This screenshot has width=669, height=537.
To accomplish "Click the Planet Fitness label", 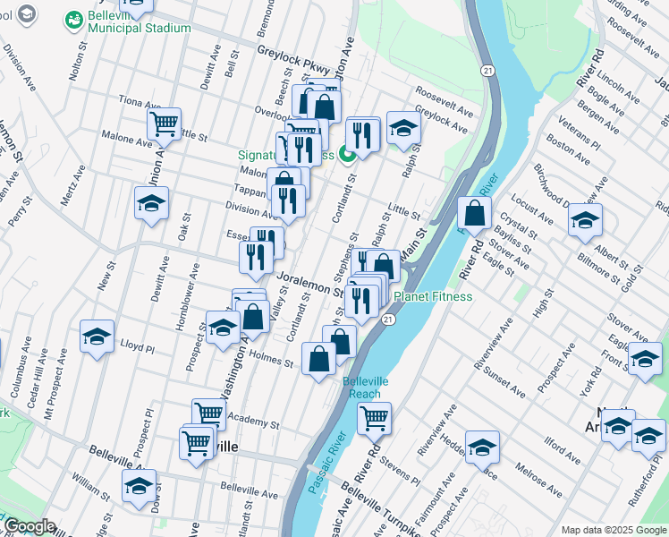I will [434, 296].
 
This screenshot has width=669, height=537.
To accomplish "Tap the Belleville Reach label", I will [366, 387].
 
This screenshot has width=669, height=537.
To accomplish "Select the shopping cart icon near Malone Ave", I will [165, 124].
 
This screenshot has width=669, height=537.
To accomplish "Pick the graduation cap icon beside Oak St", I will [151, 203].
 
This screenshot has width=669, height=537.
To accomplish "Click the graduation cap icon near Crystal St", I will [586, 220].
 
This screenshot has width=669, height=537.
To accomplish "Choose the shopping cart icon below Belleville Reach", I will [375, 417].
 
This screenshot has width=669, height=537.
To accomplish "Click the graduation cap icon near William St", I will [139, 486].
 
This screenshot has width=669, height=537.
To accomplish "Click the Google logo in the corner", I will [29, 526].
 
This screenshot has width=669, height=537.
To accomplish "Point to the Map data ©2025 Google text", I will [613, 530].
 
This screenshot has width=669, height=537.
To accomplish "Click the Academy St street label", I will [254, 417].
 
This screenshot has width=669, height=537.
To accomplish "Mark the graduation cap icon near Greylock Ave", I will [403, 128].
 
